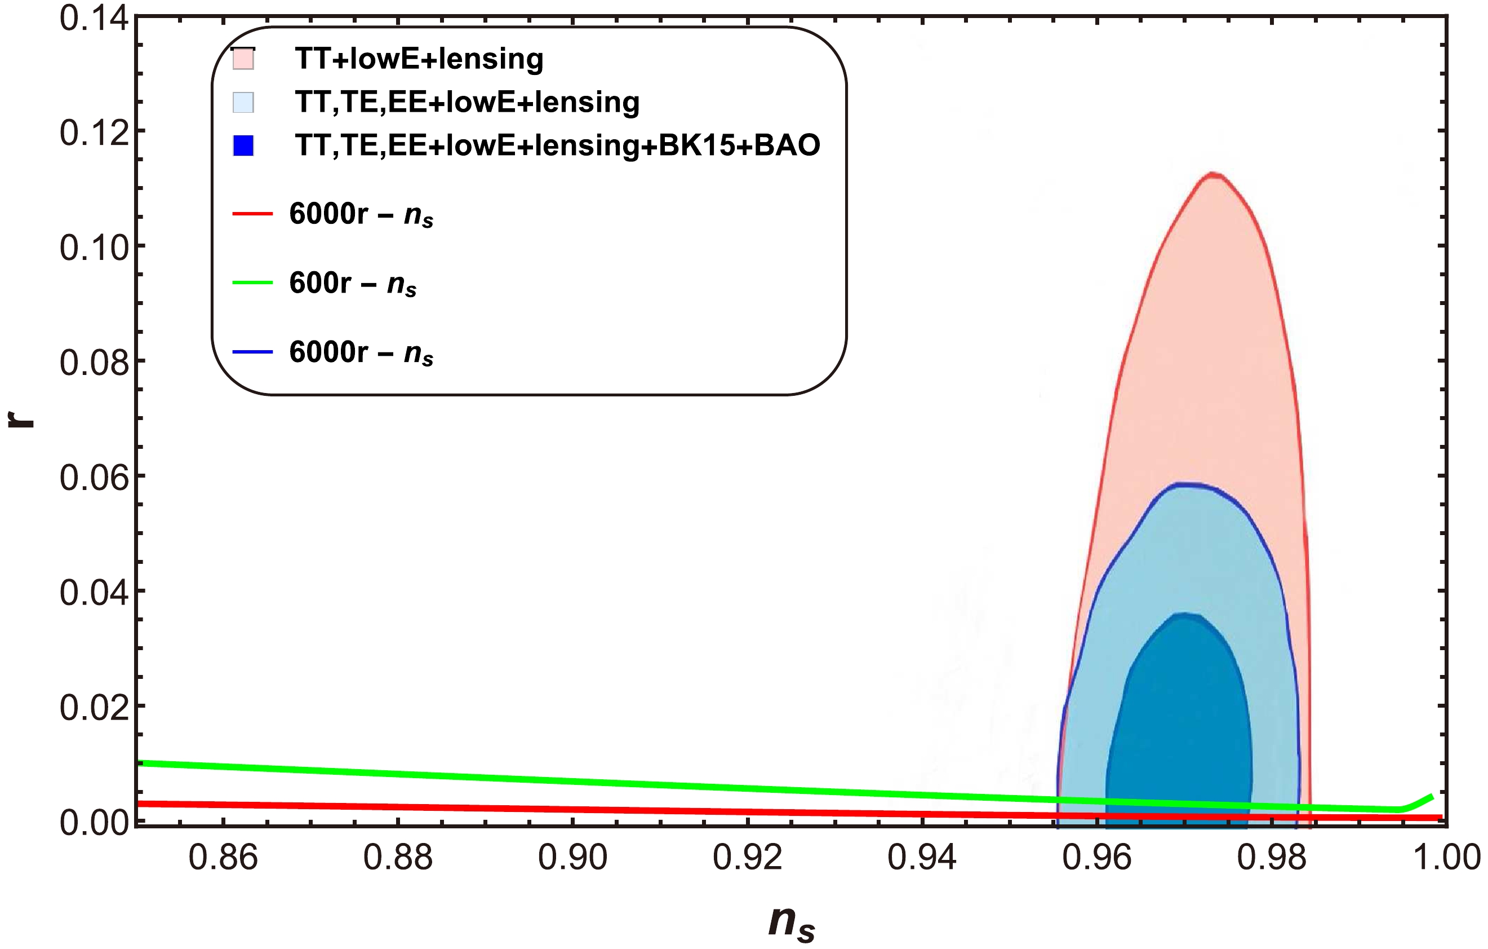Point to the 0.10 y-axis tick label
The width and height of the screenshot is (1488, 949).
(x=94, y=248)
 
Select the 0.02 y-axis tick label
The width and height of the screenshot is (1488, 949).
(x=94, y=707)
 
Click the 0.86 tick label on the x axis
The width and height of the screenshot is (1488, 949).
(x=223, y=858)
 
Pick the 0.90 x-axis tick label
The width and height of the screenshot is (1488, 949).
(x=573, y=858)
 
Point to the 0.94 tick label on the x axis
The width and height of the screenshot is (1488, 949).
(x=922, y=858)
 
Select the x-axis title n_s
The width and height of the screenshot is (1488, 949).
(x=792, y=923)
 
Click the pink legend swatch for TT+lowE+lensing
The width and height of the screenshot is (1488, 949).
(x=243, y=59)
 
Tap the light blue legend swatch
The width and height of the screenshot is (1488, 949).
(x=243, y=102)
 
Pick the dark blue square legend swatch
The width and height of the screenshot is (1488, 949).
(x=243, y=145)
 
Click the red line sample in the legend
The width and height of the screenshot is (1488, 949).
(x=252, y=214)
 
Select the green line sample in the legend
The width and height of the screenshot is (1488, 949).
(x=252, y=283)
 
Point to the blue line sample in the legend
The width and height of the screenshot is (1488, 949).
(x=252, y=352)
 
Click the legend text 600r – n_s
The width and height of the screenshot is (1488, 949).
(x=353, y=284)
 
